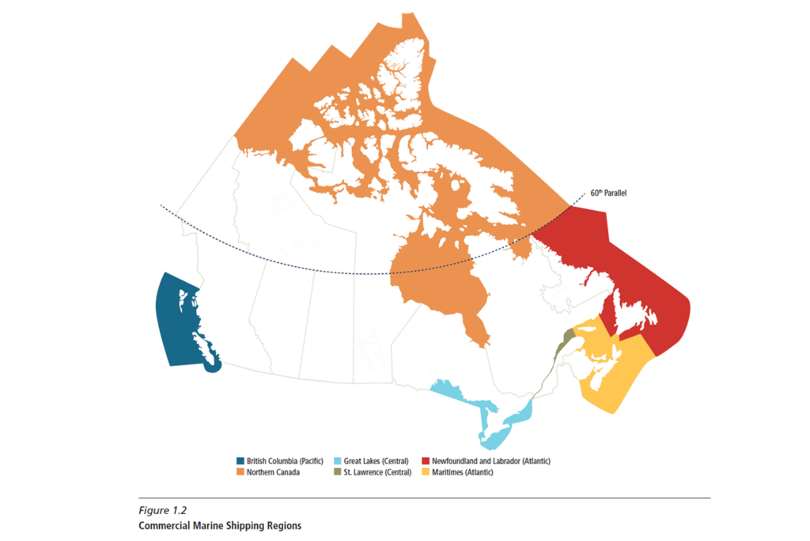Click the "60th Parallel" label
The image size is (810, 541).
click(609, 192)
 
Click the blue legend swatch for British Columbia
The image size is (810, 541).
click(240, 460)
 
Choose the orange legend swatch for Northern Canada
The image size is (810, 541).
click(240, 472)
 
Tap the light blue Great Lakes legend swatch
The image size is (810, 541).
click(337, 460)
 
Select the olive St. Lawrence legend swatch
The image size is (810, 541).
click(337, 472)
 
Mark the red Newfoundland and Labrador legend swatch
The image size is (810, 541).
click(425, 460)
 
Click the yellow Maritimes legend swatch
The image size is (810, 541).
click(425, 472)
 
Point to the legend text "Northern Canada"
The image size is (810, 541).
click(274, 472)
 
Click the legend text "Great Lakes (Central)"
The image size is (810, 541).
click(377, 460)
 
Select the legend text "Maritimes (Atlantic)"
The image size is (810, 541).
click(463, 472)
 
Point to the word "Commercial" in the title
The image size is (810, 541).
click(165, 525)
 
